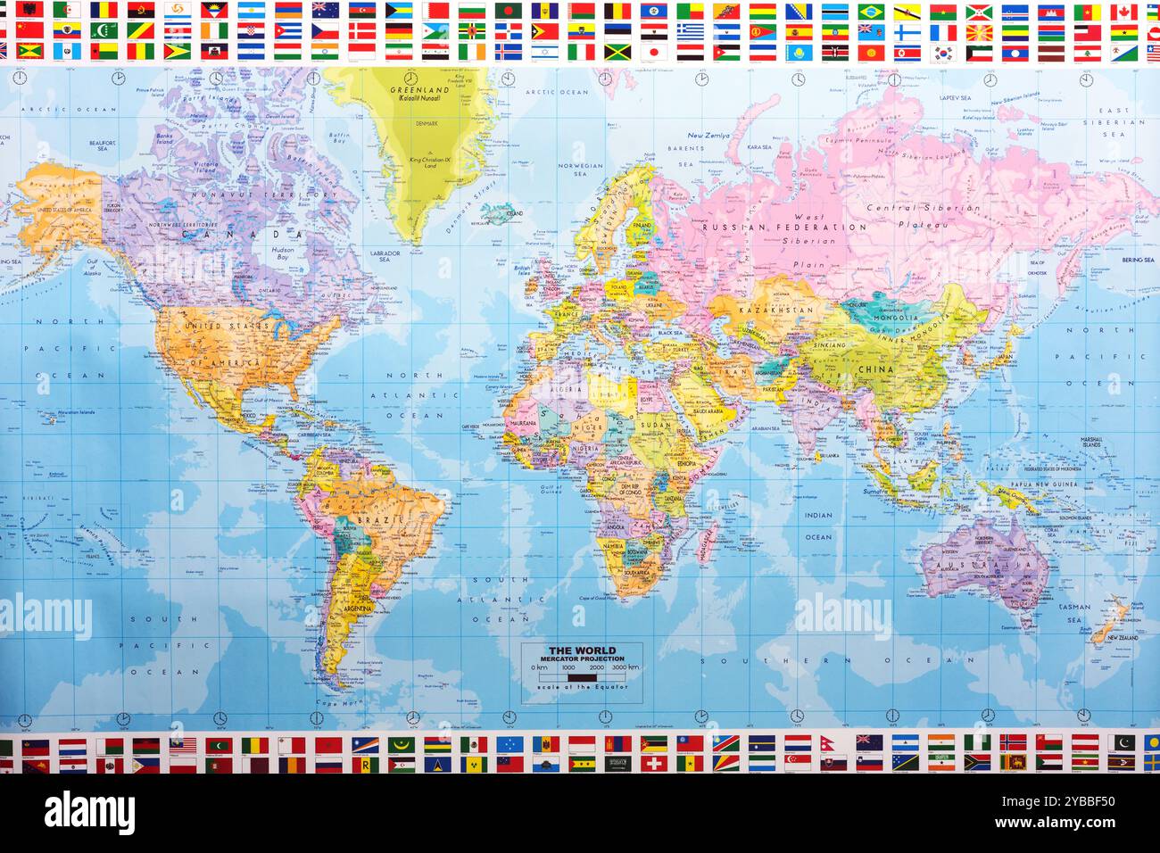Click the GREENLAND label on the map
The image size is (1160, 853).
click(x=420, y=91)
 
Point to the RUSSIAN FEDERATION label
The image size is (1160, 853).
click(x=783, y=228)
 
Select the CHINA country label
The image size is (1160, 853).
click(x=875, y=369)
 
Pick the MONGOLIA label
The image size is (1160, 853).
click(x=895, y=318)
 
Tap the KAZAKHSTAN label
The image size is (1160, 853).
click(x=782, y=311)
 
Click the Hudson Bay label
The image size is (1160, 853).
click(x=282, y=253)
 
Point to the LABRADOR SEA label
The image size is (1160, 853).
click(x=385, y=255)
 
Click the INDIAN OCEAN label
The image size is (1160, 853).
click(x=817, y=526)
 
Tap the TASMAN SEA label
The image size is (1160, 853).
click(x=1074, y=613)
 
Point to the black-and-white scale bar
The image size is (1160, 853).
click(x=583, y=676)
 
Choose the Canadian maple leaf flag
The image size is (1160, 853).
click(x=1123, y=12)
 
